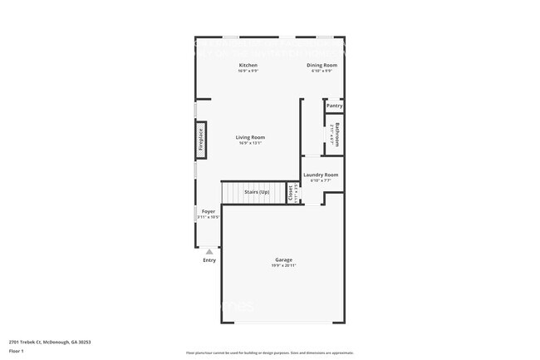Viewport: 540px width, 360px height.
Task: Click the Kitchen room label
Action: click(248, 65)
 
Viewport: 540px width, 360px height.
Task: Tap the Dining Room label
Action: click(322, 65)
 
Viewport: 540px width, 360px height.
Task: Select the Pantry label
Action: click(334, 106)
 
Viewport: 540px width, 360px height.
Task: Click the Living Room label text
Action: click(250, 137)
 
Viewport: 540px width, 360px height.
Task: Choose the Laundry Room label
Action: click(321, 175)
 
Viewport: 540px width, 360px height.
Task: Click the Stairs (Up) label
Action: click(256, 192)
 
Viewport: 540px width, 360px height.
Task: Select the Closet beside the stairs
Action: click(290, 193)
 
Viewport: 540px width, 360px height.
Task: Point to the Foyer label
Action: click(209, 211)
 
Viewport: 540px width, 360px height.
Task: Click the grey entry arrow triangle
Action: click(209, 250)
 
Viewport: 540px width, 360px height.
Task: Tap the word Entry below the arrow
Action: click(209, 260)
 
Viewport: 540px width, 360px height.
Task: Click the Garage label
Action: click(283, 259)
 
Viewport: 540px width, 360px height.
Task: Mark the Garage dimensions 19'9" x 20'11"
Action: click(283, 265)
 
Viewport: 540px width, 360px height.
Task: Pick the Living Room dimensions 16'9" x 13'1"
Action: click(250, 143)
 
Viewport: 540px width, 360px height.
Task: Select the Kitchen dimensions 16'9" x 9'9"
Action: click(248, 71)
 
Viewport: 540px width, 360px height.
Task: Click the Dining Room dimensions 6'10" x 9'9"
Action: click(322, 71)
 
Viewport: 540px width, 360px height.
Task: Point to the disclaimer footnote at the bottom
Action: click(270, 353)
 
